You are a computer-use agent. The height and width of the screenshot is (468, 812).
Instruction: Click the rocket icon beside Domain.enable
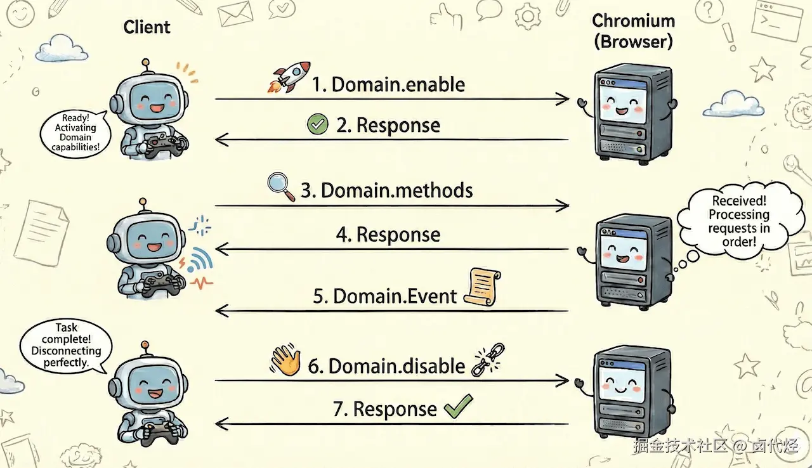click(289, 77)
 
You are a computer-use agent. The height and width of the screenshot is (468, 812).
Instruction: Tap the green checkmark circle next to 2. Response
click(317, 124)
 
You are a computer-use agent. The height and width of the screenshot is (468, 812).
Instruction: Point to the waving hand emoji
click(285, 361)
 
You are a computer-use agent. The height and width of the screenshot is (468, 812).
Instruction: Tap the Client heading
click(147, 27)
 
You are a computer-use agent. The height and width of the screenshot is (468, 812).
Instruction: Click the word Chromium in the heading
click(632, 21)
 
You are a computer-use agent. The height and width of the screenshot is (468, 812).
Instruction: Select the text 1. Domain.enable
click(388, 85)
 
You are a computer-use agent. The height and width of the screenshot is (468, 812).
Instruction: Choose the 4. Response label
click(388, 235)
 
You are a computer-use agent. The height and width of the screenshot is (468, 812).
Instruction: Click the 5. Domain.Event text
click(385, 296)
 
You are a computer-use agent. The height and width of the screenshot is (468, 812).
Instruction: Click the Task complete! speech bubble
click(65, 345)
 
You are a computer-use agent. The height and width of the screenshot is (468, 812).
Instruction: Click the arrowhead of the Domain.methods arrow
click(562, 205)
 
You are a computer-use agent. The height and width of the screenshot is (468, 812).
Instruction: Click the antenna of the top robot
click(147, 64)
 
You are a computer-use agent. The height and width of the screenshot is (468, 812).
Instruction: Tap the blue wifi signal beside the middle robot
click(201, 260)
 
